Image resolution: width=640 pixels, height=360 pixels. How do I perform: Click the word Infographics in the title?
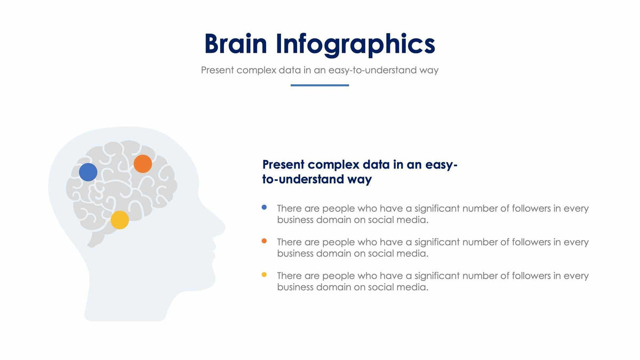pyautogui.click(x=355, y=45)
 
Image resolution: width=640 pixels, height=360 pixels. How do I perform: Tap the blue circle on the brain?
pyautogui.click(x=88, y=172)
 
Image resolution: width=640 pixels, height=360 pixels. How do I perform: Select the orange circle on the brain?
pyautogui.click(x=143, y=164)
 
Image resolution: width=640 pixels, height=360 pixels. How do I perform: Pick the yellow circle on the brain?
pyautogui.click(x=120, y=220)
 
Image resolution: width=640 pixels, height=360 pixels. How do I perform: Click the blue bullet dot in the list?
pyautogui.click(x=264, y=207)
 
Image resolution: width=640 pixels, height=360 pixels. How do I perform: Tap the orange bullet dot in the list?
pyautogui.click(x=264, y=241)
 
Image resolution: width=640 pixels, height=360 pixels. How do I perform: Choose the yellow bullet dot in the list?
pyautogui.click(x=264, y=275)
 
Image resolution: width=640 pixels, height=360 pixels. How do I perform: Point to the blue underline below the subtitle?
pyautogui.click(x=319, y=85)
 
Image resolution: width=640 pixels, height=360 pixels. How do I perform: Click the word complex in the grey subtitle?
pyautogui.click(x=257, y=70)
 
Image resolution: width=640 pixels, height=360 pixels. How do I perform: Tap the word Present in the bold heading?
pyautogui.click(x=283, y=165)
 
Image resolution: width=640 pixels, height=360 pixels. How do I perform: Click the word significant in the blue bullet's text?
pyautogui.click(x=437, y=209)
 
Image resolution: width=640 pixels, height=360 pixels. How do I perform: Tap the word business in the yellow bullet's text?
pyautogui.click(x=295, y=287)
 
